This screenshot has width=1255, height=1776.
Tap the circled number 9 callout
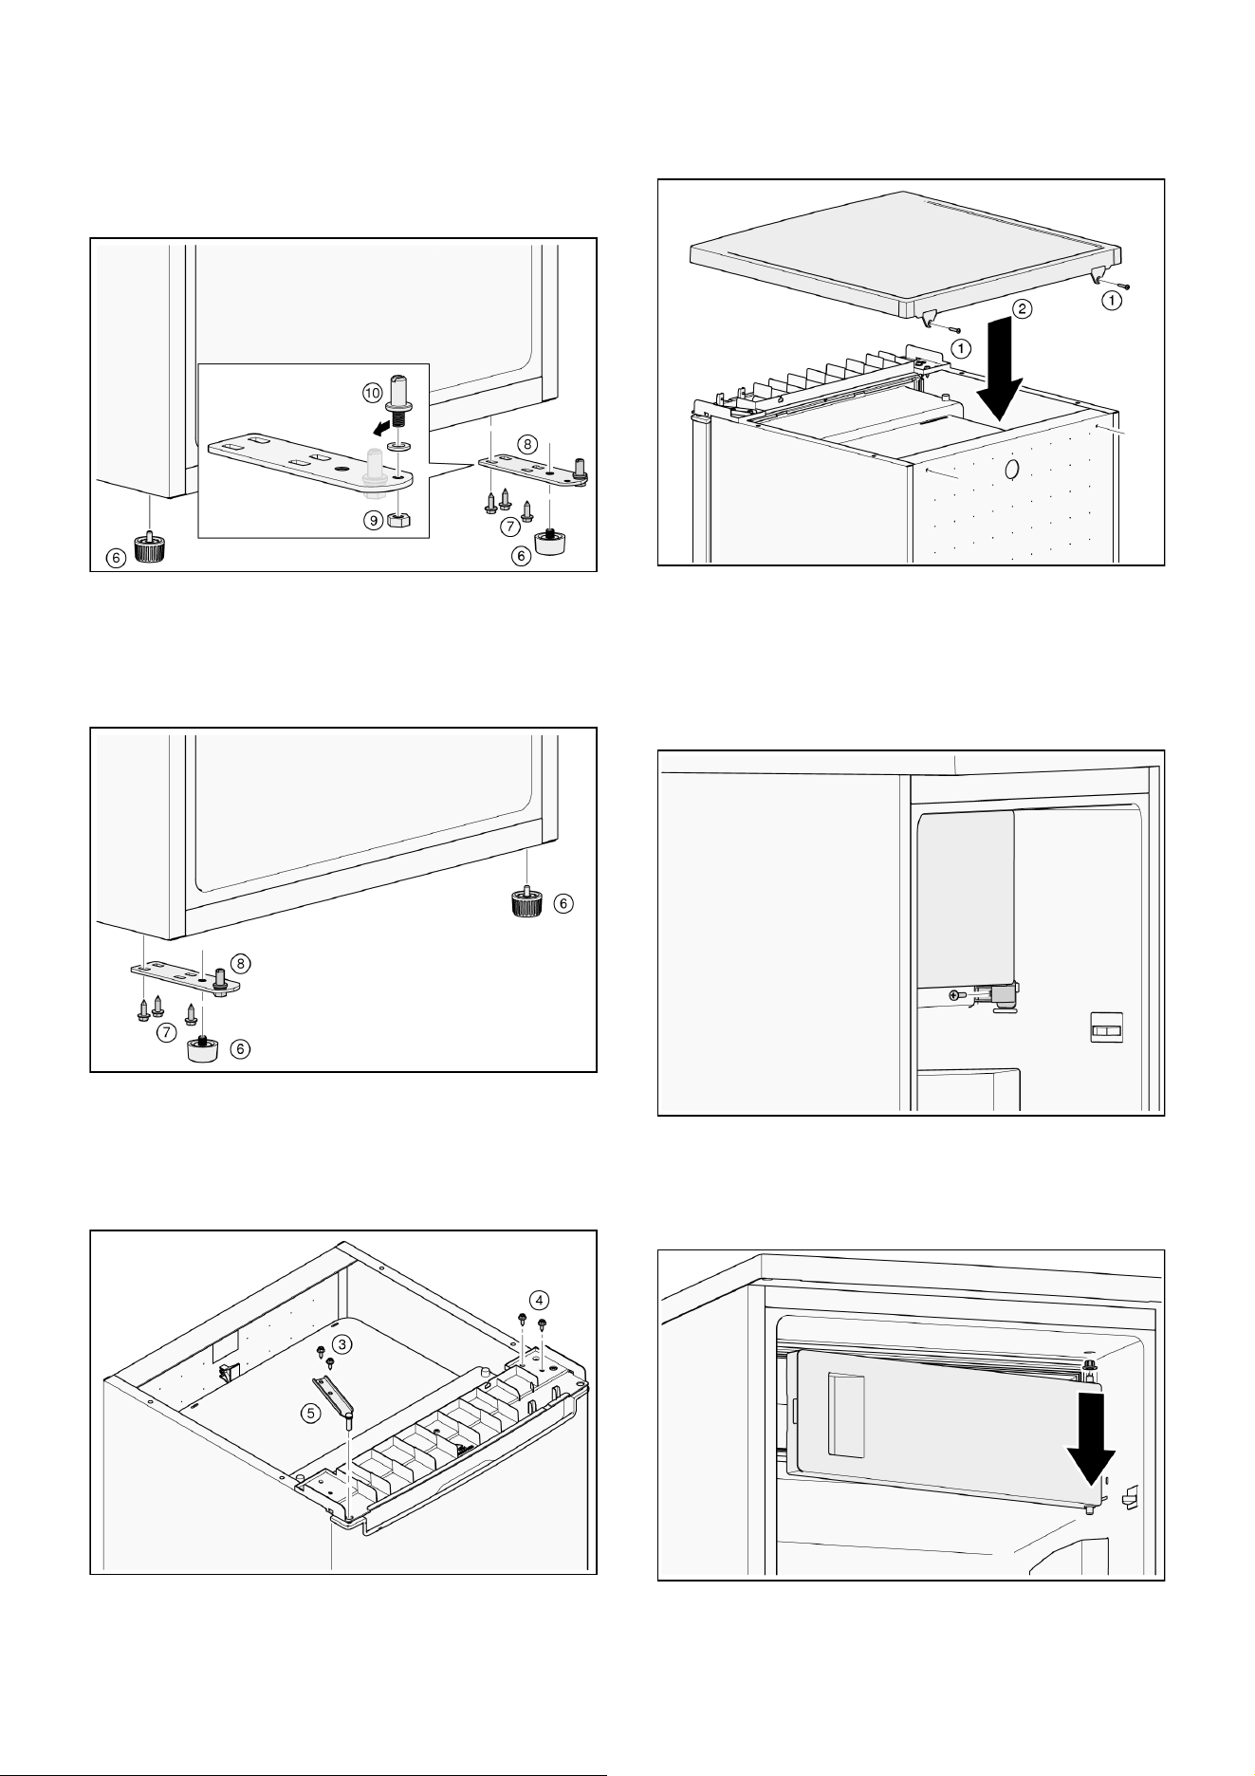(371, 519)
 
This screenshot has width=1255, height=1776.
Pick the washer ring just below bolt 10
(399, 445)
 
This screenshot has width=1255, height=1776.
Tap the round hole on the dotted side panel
(1011, 469)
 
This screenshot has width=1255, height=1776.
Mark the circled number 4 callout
(538, 1299)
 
